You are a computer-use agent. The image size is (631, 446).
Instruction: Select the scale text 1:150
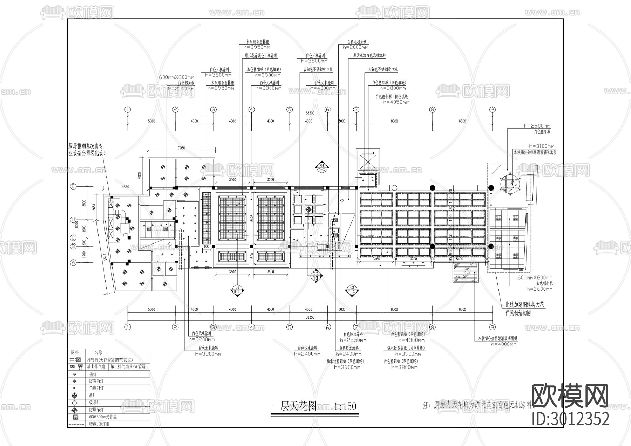pos(345,406)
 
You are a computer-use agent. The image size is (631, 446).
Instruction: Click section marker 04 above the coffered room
pos(321,167)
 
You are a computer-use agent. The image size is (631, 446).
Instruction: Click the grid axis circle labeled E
pos(73,187)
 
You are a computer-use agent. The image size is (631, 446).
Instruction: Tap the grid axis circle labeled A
pos(73,262)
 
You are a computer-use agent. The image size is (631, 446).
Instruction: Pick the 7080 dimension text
pos(181,148)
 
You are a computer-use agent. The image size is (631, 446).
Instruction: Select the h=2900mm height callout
pos(537,126)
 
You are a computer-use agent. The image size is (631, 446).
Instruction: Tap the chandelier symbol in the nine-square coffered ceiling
pos(308,209)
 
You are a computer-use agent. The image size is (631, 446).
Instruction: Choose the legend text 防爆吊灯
pos(97,410)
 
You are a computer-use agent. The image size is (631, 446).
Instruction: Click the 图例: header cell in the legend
pos(75,352)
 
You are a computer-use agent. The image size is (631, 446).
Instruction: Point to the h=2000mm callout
pos(355,47)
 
